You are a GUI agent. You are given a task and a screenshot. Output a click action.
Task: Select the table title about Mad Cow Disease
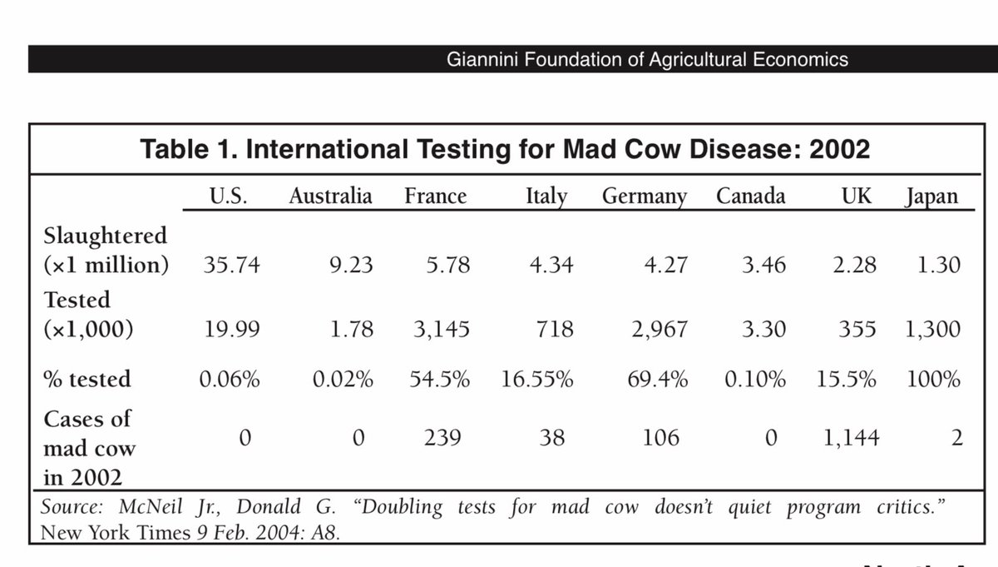506,150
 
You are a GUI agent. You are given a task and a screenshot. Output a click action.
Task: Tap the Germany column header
645,196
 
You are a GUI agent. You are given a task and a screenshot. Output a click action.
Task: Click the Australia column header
330,196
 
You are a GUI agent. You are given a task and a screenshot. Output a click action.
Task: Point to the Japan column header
931,197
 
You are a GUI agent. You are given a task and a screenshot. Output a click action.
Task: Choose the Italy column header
546,197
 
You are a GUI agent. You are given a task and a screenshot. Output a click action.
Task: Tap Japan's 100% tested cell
933,380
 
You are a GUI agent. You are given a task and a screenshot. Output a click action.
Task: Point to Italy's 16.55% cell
537,380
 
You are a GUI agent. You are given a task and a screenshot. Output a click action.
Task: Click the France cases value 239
442,438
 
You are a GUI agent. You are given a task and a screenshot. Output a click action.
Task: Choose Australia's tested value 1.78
351,329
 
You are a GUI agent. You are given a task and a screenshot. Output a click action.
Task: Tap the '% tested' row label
87,380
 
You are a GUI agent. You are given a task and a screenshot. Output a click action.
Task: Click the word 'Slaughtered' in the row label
105,236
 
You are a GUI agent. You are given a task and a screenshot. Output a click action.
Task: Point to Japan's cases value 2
956,438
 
